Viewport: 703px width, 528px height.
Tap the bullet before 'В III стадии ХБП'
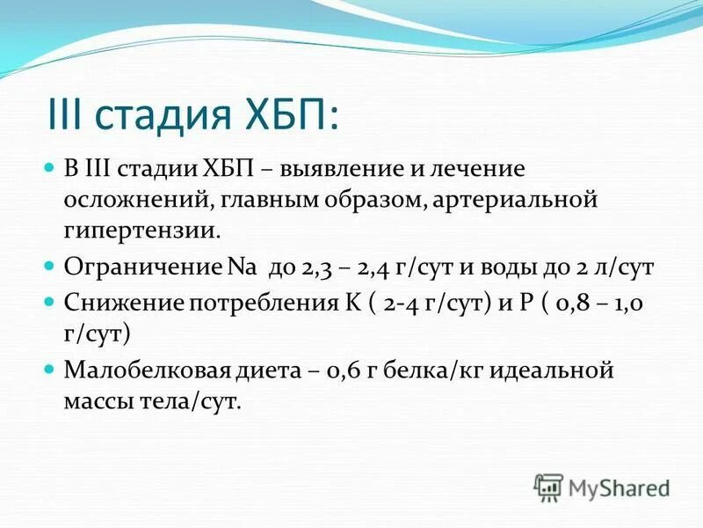coord(49,167)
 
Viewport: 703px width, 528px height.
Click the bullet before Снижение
coord(49,303)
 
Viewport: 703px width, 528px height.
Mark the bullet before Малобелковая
coord(49,369)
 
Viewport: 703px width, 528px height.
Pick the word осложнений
coord(133,200)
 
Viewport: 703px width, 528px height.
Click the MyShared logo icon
coord(547,487)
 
